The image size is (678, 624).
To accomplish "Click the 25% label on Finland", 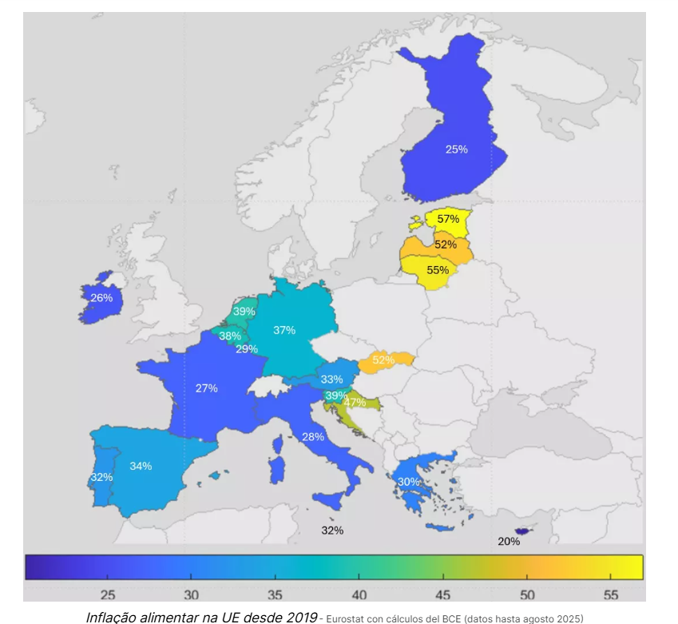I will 457,149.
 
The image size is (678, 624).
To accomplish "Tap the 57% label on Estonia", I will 448,219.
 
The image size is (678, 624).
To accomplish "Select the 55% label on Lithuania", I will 438,270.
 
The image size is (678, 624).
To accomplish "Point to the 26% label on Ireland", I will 101,298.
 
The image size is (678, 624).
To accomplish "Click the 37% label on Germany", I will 284,329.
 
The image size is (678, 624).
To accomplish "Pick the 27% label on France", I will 206,388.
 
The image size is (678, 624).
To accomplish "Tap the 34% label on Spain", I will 141,466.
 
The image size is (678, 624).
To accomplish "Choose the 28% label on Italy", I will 313,437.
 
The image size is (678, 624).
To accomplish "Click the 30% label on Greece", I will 409,482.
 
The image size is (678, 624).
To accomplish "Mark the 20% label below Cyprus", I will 509,541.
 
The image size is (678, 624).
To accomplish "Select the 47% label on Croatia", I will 355,402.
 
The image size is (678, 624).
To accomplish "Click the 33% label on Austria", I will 331,380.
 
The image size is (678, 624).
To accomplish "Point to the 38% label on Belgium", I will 230,336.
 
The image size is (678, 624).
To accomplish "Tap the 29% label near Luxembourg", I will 246,349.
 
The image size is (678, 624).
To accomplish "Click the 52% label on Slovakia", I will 383,360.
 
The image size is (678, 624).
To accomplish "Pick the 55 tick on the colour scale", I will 611,594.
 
